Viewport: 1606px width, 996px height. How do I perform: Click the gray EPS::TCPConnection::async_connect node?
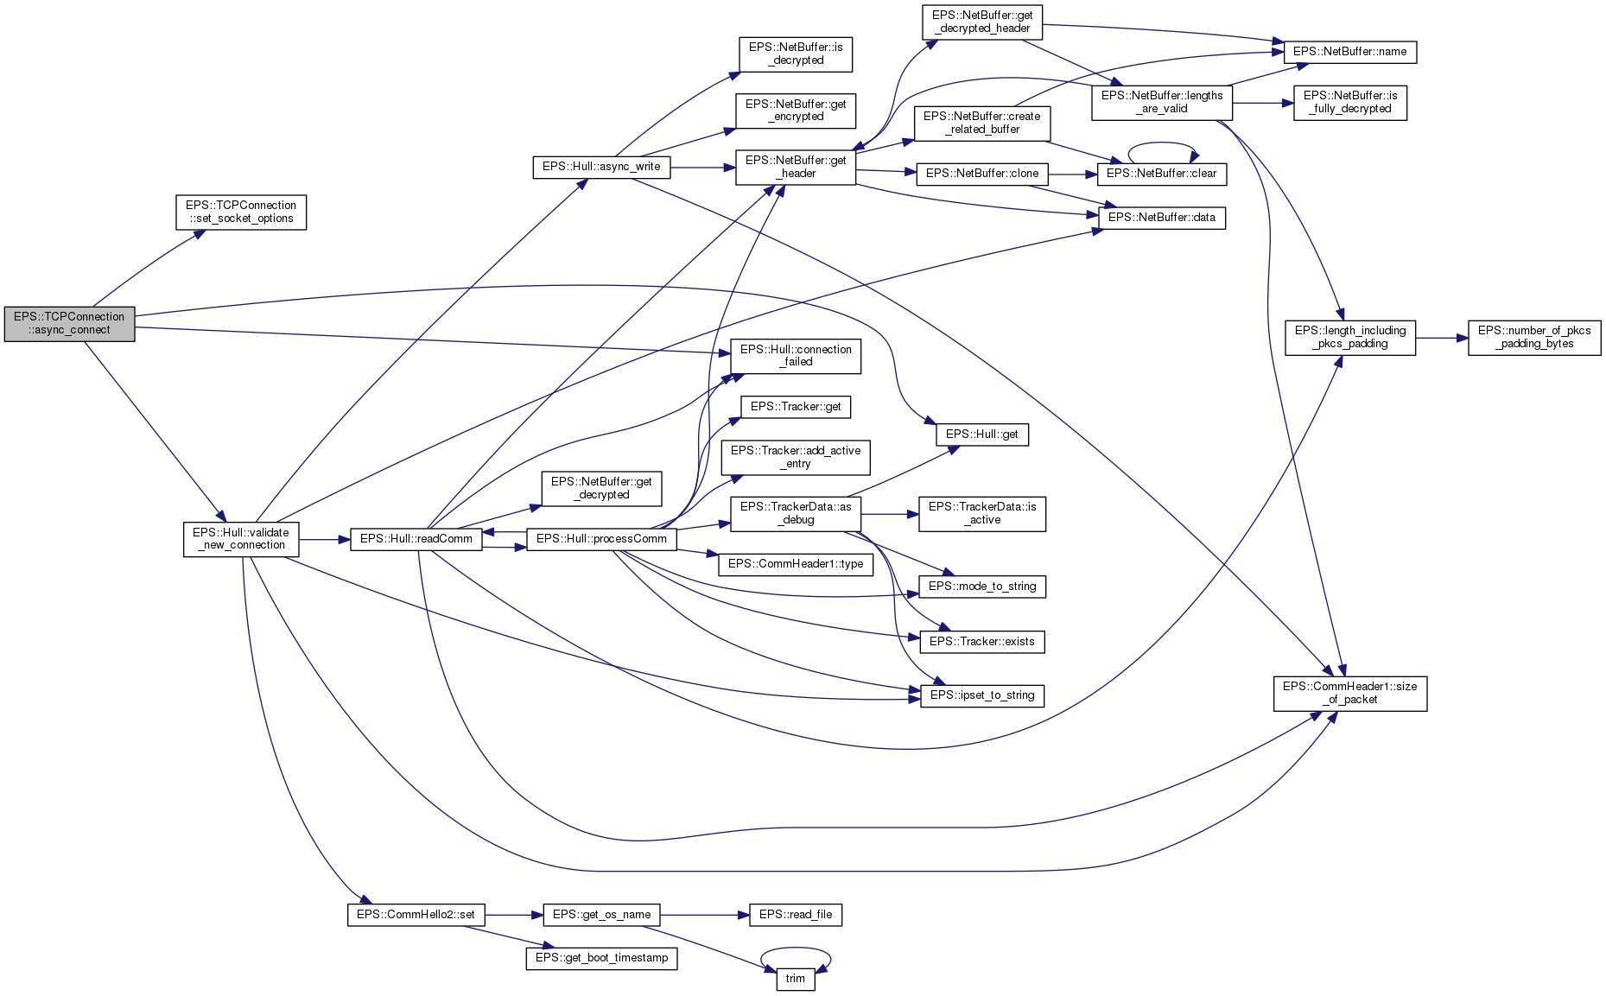(x=69, y=323)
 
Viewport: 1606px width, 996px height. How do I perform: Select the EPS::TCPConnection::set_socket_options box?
(x=241, y=212)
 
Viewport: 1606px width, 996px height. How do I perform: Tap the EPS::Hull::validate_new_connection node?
(x=240, y=539)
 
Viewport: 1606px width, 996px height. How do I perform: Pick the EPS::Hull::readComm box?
(x=416, y=539)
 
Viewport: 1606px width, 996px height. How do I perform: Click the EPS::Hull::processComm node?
(x=601, y=539)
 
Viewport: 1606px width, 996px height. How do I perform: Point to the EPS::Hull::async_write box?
(x=600, y=167)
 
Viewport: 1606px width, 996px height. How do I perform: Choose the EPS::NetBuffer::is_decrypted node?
(x=795, y=54)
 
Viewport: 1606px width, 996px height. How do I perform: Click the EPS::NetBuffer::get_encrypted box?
(x=795, y=111)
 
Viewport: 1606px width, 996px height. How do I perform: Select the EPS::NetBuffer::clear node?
(x=1161, y=174)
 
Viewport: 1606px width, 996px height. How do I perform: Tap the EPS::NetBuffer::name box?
(x=1349, y=52)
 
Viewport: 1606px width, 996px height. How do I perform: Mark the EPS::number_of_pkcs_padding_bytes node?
(x=1533, y=337)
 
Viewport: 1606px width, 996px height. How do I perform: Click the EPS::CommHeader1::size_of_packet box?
(x=1349, y=693)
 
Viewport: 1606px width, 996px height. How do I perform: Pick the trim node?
(x=795, y=979)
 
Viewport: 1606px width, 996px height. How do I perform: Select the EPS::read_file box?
(x=795, y=915)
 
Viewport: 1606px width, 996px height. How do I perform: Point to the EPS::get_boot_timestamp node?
(x=601, y=958)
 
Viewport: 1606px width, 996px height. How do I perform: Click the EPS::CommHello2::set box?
(x=416, y=915)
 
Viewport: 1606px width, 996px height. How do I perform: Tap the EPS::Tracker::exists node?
(x=981, y=642)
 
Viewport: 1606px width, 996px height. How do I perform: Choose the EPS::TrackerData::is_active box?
(x=981, y=513)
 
